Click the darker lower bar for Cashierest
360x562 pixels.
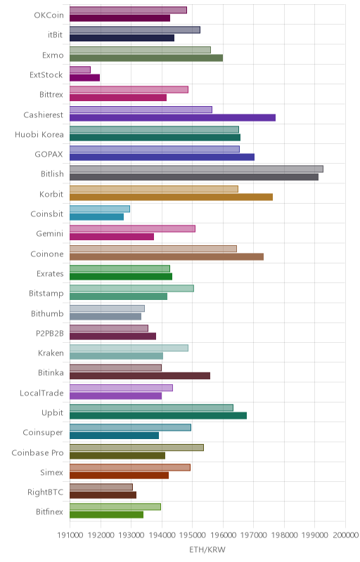tap(172, 117)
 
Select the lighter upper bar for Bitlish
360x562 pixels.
tap(196, 169)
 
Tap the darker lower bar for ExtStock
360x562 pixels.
tap(84, 78)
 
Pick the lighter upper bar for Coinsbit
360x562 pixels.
tap(100, 209)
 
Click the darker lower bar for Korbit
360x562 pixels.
tap(171, 197)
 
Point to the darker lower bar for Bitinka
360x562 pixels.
tap(140, 376)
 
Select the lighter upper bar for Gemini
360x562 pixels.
tap(132, 229)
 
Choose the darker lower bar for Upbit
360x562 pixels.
tap(158, 415)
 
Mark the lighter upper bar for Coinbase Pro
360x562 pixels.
tap(136, 447)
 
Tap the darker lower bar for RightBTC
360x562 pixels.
tap(103, 495)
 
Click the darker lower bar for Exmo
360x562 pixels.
tap(146, 58)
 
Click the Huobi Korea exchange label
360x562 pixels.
tap(39, 134)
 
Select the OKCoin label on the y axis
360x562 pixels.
tap(49, 15)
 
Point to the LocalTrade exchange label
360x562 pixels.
tap(41, 393)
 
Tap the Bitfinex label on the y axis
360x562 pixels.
tap(49, 512)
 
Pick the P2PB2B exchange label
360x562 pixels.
tap(49, 333)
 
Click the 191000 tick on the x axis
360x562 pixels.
tap(70, 535)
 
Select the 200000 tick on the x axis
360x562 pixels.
tap(346, 535)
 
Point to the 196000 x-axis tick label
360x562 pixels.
tap(223, 535)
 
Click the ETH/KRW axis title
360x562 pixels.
tap(207, 550)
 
